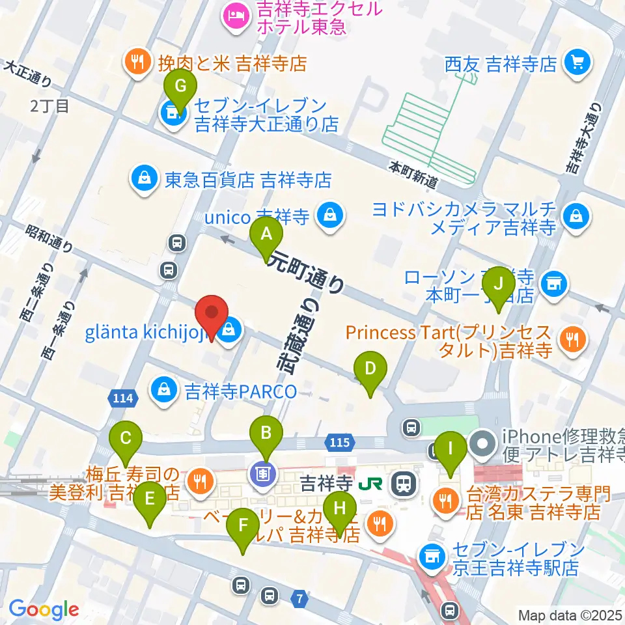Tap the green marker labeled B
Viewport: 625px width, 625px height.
tap(266, 437)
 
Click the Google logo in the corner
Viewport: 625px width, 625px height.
tap(44, 609)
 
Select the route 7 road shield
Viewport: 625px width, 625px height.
tap(299, 598)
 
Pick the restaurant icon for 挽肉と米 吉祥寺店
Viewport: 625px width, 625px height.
tap(137, 63)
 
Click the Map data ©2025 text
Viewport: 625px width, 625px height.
tap(570, 615)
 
